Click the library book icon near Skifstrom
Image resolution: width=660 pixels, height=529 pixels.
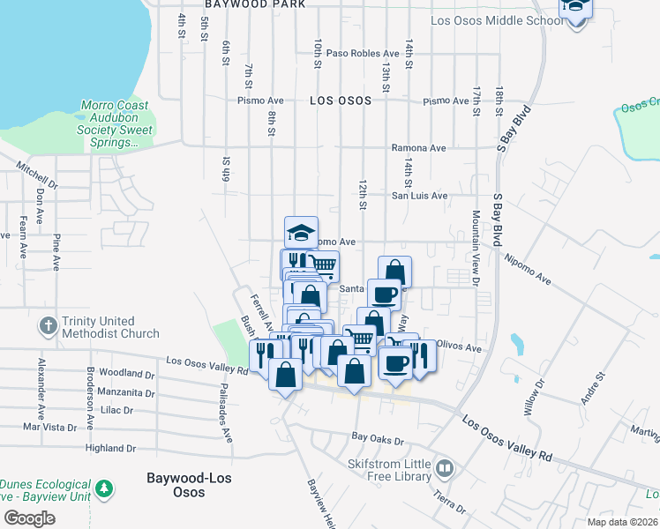(446, 467)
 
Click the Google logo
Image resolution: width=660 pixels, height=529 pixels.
(29, 518)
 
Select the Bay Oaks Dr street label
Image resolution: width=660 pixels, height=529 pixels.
(377, 437)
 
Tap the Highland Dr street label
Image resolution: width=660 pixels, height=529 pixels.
(110, 448)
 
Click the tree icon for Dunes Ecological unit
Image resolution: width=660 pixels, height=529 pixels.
(104, 488)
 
